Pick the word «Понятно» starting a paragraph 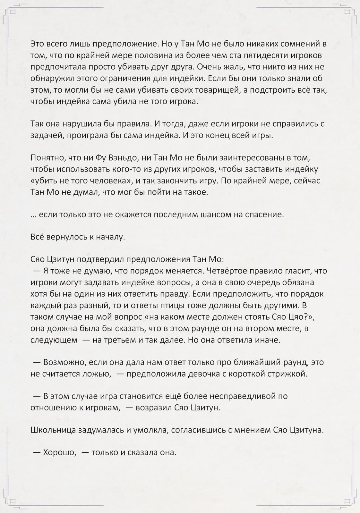(47, 158)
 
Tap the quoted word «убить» (43, 181)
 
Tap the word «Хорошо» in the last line (59, 452)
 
